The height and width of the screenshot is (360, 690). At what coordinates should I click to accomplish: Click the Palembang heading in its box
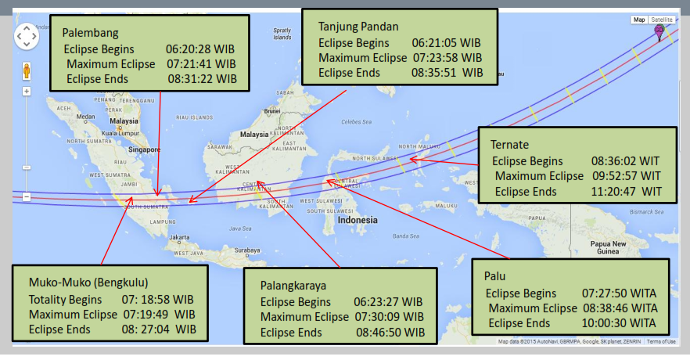[x=91, y=34]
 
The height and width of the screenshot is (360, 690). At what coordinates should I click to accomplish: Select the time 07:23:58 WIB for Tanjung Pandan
[x=447, y=58]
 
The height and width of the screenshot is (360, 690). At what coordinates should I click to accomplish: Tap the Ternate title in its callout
[x=510, y=145]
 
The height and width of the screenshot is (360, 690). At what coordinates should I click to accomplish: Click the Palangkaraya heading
[x=293, y=286]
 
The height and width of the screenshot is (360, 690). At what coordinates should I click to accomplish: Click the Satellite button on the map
[x=662, y=20]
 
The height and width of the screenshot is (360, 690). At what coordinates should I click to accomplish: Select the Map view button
[x=639, y=20]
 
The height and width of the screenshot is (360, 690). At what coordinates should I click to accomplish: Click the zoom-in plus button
[x=26, y=91]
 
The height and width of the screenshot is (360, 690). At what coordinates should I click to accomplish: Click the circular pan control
[x=26, y=36]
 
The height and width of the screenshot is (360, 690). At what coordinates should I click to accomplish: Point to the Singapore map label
[x=146, y=149]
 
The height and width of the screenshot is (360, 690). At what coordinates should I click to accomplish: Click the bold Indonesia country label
[x=358, y=220]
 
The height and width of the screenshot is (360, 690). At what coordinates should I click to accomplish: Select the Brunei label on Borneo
[x=271, y=111]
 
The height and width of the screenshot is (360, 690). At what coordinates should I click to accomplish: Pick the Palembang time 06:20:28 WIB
[x=200, y=49]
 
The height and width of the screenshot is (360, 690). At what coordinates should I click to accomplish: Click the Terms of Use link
[x=661, y=341]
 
